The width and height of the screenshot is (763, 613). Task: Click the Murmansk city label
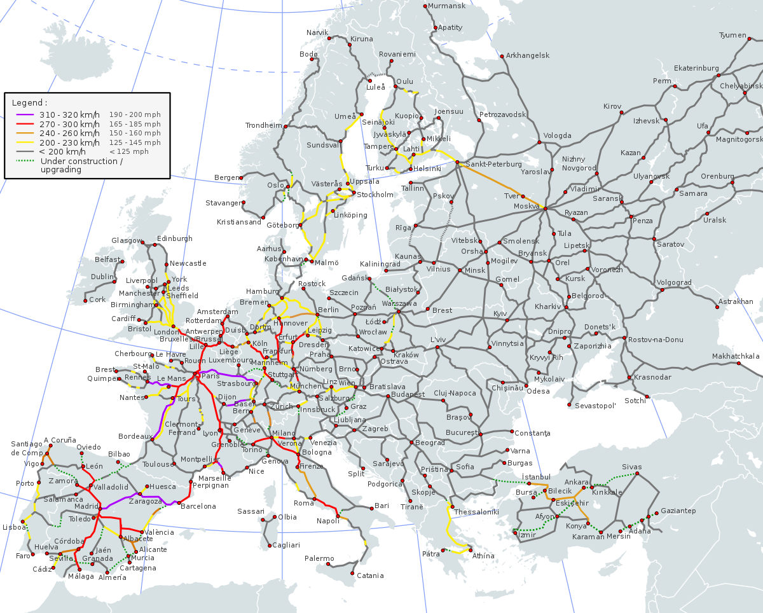[446, 6]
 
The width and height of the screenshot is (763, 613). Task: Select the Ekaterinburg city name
[696, 68]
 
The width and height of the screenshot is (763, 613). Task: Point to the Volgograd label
[673, 282]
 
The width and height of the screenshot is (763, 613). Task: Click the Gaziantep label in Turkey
[678, 511]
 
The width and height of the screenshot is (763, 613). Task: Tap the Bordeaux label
[134, 437]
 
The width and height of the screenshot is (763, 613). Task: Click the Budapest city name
[408, 394]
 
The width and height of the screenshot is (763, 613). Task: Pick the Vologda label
[557, 135]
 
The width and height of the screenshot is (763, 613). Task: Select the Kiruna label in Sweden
[361, 39]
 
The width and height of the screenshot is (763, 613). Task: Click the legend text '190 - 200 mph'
[135, 115]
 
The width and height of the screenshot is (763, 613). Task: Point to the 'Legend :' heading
[29, 102]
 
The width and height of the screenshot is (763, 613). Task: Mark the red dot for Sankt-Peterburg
[457, 163]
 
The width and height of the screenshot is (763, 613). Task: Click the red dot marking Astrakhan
[717, 308]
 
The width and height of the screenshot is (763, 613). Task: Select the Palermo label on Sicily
[319, 558]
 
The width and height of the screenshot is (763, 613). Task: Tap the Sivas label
[632, 467]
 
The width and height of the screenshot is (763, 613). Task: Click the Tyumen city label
[732, 35]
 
